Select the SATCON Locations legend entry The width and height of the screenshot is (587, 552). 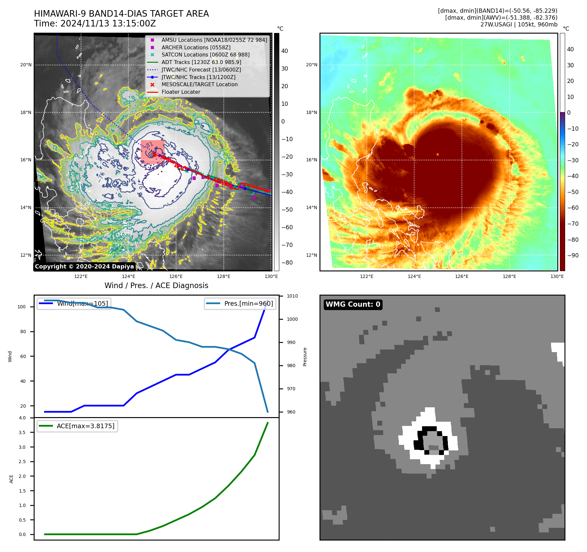pyautogui.click(x=205, y=55)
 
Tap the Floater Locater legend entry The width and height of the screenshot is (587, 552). pyautogui.click(x=181, y=92)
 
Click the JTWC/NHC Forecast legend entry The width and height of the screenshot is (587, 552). pyautogui.click(x=201, y=70)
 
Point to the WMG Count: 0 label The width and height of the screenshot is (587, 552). pyautogui.click(x=353, y=304)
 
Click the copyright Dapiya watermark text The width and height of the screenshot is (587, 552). pyautogui.click(x=84, y=267)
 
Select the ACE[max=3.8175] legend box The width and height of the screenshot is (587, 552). pyautogui.click(x=77, y=426)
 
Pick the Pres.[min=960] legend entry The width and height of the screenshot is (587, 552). pyautogui.click(x=240, y=303)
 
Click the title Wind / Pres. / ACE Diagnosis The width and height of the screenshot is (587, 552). pyautogui.click(x=156, y=285)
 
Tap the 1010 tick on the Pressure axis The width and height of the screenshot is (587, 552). pyautogui.click(x=292, y=296)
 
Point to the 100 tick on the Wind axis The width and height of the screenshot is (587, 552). pyautogui.click(x=22, y=307)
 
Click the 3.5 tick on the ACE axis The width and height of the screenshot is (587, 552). pyautogui.click(x=22, y=432)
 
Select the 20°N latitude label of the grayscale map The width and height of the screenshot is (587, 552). pyautogui.click(x=26, y=65)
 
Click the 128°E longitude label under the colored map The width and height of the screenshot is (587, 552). pyautogui.click(x=509, y=277)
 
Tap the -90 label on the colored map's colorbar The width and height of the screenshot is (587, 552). pyautogui.click(x=573, y=255)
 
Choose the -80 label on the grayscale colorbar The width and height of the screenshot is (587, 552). pyautogui.click(x=287, y=263)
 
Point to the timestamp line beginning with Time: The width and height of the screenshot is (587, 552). pyautogui.click(x=95, y=24)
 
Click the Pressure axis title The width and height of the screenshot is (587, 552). pyautogui.click(x=305, y=357)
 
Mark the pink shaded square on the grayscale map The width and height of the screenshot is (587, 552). pyautogui.click(x=152, y=150)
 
